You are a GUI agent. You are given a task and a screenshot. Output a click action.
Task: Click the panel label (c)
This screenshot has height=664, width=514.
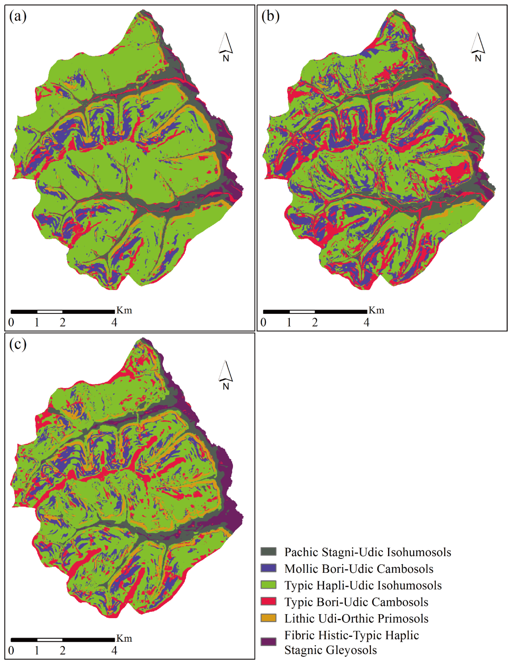coord(18,344)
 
